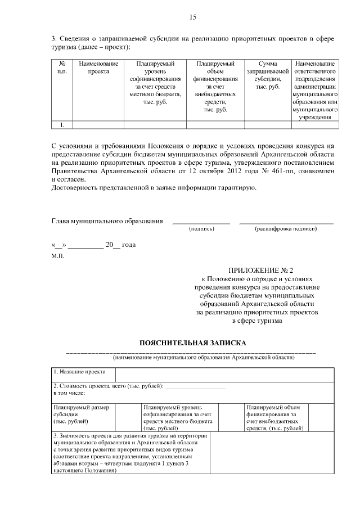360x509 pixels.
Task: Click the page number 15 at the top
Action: pyautogui.click(x=192, y=17)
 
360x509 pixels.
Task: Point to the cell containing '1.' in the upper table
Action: pyautogui.click(x=62, y=125)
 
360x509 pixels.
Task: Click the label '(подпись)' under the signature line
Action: pyautogui.click(x=201, y=229)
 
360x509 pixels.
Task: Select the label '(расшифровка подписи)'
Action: pyautogui.click(x=286, y=229)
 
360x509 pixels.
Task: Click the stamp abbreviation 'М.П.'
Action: pyautogui.click(x=58, y=256)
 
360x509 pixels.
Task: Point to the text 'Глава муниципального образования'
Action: pyautogui.click(x=107, y=221)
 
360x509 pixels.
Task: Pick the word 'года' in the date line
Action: pyautogui.click(x=129, y=245)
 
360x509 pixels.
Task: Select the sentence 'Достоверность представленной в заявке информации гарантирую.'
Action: pyautogui.click(x=154, y=187)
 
